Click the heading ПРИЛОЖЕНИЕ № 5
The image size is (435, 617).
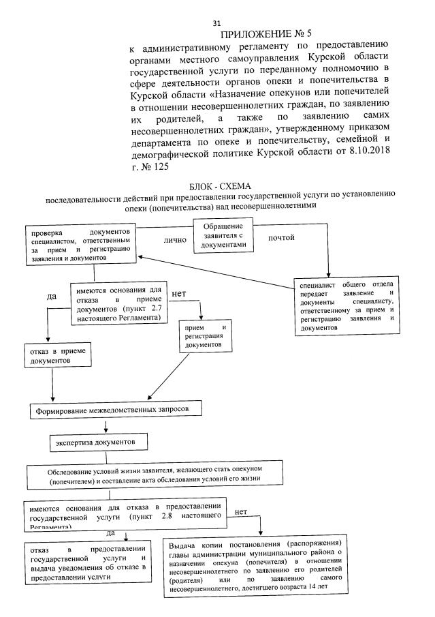click(260, 35)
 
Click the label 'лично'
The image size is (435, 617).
click(175, 240)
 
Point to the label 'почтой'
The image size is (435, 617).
click(281, 237)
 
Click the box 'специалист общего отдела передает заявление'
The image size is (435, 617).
click(345, 305)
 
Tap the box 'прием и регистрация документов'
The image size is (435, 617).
click(205, 336)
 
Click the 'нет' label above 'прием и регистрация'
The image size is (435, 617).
click(179, 293)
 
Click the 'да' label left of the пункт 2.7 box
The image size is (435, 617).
click(51, 296)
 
